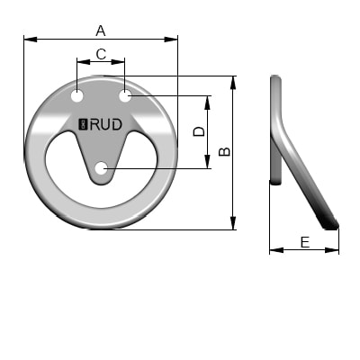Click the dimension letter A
click(100, 30)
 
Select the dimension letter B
click(225, 151)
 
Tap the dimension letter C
click(101, 54)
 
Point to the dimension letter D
click(200, 131)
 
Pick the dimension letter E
click(304, 241)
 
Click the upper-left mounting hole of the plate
click(78, 94)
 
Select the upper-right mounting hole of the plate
click(125, 94)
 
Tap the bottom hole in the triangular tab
click(102, 167)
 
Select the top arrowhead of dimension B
click(234, 80)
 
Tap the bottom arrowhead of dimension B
click(234, 225)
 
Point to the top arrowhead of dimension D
click(209, 99)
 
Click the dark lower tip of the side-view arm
click(331, 223)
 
